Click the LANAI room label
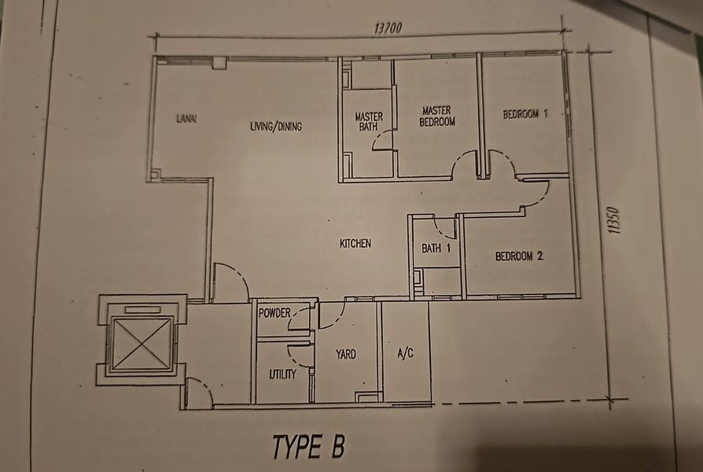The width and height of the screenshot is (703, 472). coord(186,119)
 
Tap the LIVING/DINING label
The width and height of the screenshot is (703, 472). coord(276,126)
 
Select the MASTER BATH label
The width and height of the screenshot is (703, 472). coord(368,120)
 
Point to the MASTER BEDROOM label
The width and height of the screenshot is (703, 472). coord(437,116)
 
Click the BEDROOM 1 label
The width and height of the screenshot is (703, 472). coord(525,114)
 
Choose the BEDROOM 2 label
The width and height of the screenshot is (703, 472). coord(519,256)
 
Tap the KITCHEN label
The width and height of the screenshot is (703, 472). coord(355,244)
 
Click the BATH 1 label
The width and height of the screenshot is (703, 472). coord(436,249)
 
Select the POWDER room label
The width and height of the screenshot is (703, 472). coord(274,313)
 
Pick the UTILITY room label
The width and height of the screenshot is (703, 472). coord(282,374)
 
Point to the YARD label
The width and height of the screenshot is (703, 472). coord(346,354)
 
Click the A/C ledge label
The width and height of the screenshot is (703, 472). coord(406,354)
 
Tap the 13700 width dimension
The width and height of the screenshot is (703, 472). coord(387,28)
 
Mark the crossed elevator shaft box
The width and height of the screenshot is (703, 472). coord(142,343)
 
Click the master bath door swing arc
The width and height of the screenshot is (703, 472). coord(382,140)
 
